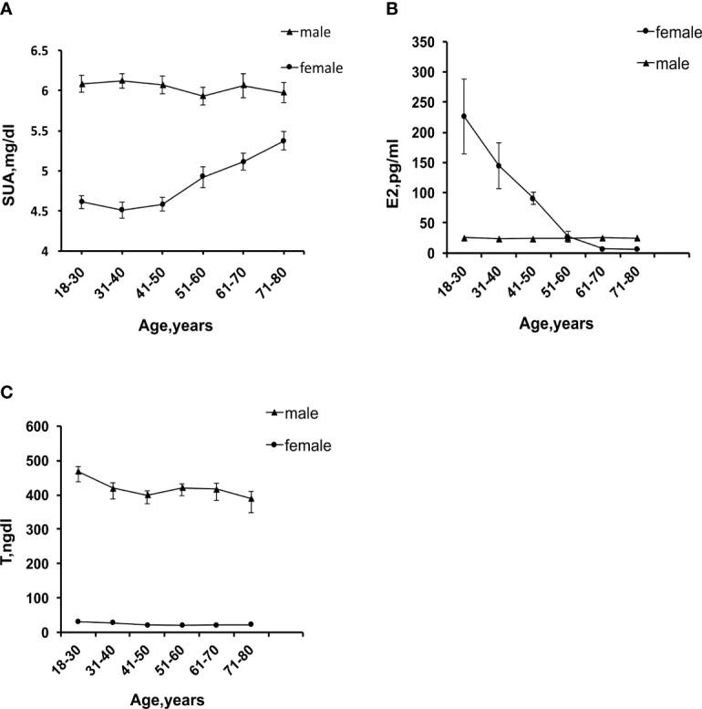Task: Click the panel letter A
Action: pyautogui.click(x=7, y=8)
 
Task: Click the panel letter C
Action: pyautogui.click(x=7, y=393)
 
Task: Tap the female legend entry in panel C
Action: pyautogui.click(x=300, y=445)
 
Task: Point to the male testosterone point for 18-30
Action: pyautogui.click(x=78, y=472)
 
